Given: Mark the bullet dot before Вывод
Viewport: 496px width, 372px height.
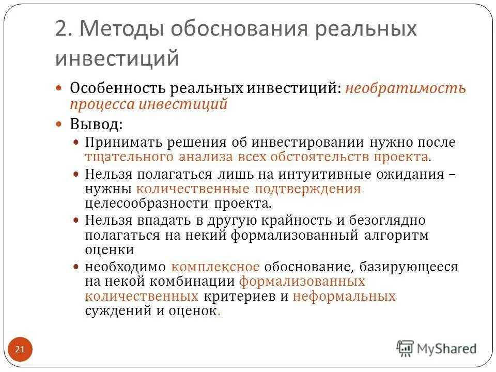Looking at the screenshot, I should tap(59, 125).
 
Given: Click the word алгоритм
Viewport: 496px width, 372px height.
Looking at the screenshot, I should tap(397, 235).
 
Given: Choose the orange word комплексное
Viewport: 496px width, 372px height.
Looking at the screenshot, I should tap(215, 267).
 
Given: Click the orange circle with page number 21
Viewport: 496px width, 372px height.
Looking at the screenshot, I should tap(20, 350).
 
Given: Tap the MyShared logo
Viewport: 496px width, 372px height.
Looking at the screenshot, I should tap(437, 349).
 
